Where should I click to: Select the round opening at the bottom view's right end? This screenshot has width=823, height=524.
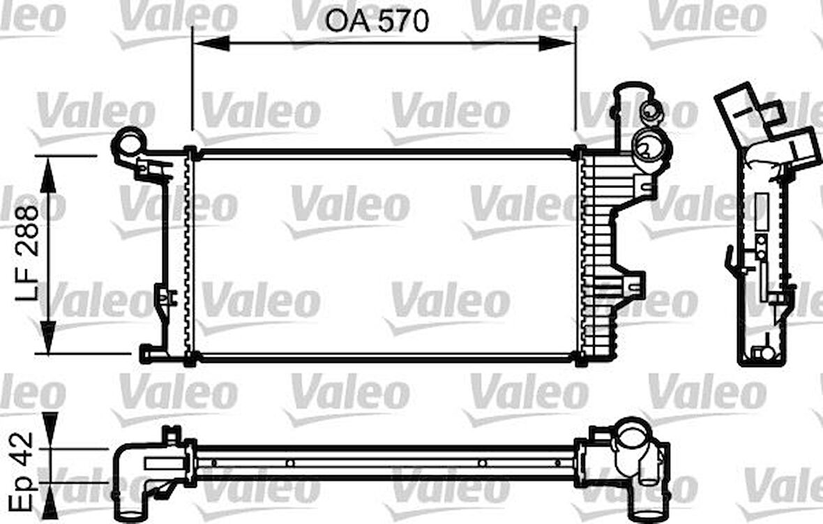point(634,439)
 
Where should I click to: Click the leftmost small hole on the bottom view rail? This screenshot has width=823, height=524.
point(215,463)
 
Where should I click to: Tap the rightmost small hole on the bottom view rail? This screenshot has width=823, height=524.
point(556,463)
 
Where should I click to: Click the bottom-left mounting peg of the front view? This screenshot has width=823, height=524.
point(146,354)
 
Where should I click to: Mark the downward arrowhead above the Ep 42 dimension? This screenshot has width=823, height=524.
point(48,426)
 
